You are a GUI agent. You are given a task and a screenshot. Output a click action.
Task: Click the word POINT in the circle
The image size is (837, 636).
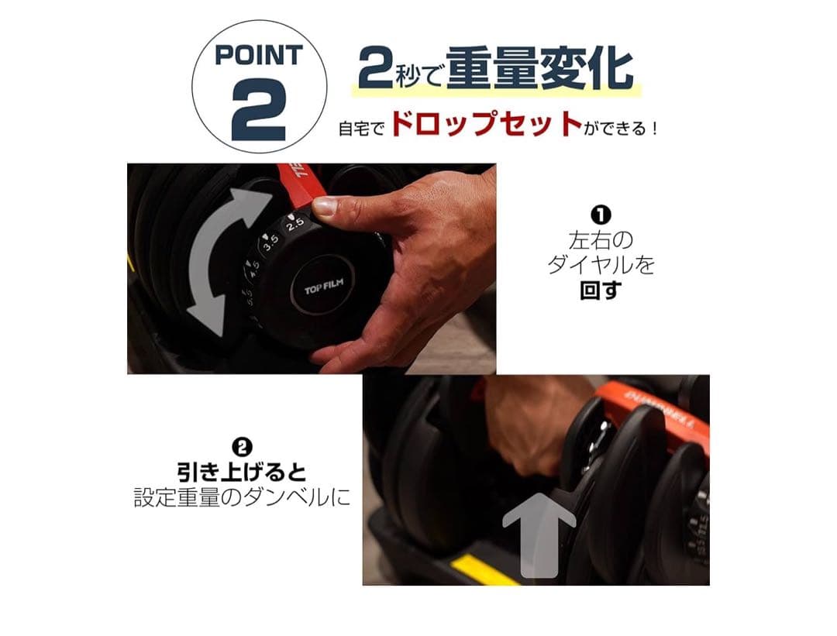pos(259,56)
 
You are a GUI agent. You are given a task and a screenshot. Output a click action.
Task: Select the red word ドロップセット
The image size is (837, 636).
pos(485,125)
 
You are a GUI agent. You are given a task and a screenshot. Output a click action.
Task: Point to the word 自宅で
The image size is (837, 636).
pos(361,128)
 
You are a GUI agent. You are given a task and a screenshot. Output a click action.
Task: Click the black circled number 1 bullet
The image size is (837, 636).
pos(601,215)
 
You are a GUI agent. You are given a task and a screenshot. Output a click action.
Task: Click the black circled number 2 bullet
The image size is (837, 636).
pos(242,448)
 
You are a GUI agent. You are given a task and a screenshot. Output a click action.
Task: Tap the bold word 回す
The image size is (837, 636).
pos(601,291)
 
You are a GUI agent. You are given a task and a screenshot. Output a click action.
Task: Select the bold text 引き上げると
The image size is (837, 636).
pos(242,472)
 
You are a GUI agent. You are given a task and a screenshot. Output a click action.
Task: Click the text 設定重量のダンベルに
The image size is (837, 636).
pos(242,497)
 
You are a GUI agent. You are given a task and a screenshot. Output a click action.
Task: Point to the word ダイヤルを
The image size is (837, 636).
pos(601,265)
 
